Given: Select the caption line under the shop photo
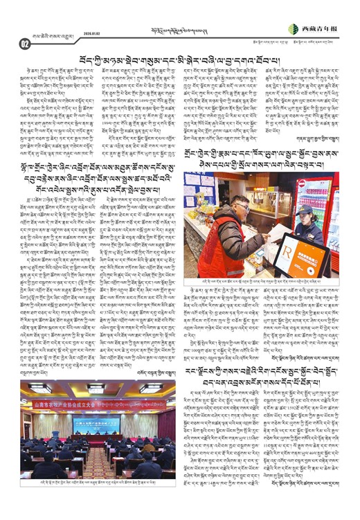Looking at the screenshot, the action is tap(270, 277).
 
